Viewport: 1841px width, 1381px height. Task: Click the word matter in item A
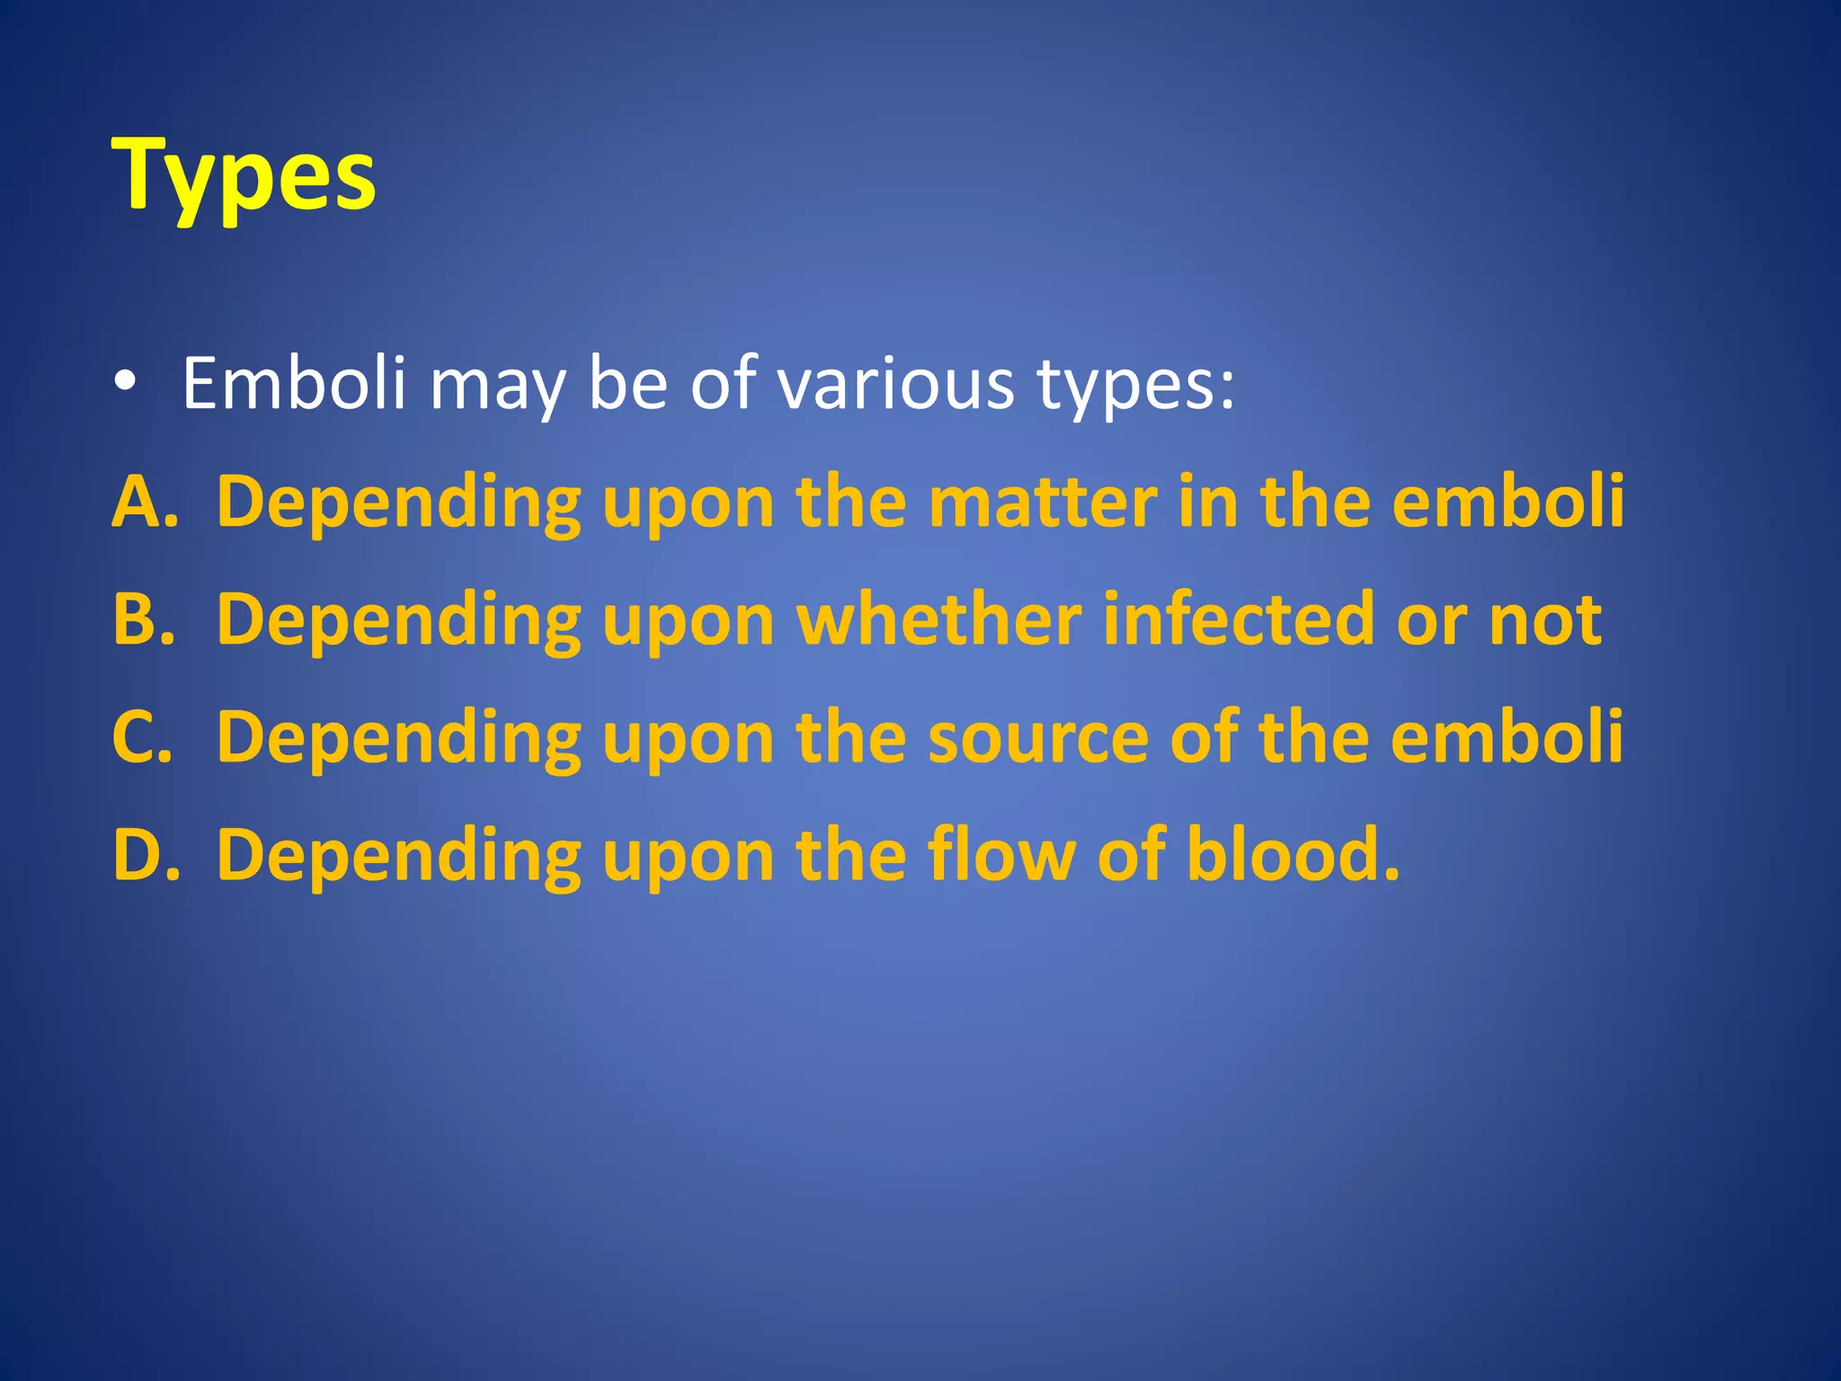pyautogui.click(x=1043, y=502)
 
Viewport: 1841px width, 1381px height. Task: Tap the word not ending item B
pyautogui.click(x=1544, y=619)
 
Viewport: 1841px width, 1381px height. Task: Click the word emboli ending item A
pyautogui.click(x=1507, y=502)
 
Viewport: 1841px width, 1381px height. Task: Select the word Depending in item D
pyautogui.click(x=398, y=856)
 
